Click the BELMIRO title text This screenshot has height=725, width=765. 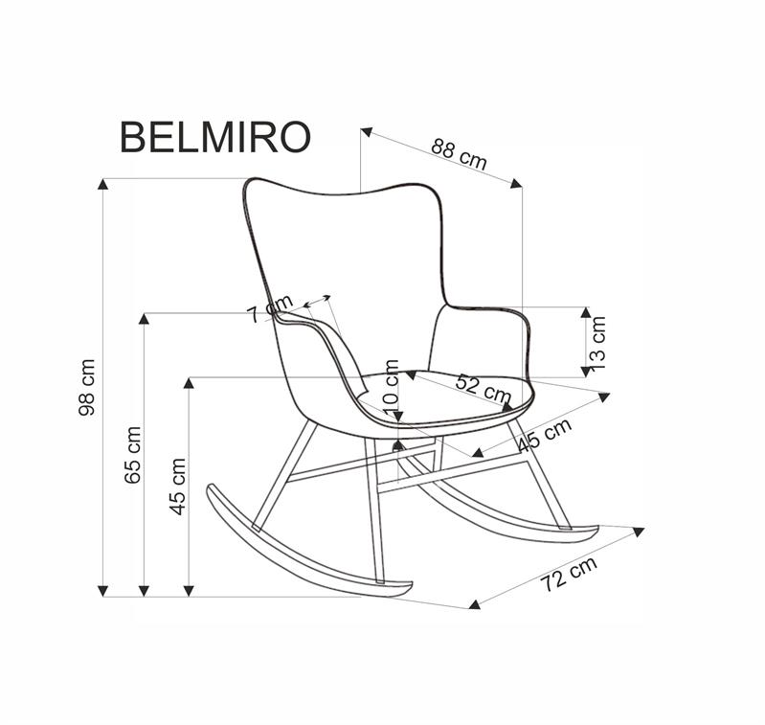pos(214,138)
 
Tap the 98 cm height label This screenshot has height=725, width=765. pos(87,387)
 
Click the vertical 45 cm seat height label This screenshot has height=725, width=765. pos(177,486)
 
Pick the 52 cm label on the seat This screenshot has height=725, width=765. pos(483,387)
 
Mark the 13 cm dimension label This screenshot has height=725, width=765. pos(597,342)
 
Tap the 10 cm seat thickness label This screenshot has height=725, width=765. pos(392,385)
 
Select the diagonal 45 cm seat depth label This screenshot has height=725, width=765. pos(544,436)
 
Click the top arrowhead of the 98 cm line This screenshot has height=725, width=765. pos(103,184)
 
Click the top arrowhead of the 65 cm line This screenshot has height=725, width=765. pos(145,318)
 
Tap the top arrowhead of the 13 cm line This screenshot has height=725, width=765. pos(586,312)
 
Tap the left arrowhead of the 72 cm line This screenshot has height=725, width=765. pos(474,604)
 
